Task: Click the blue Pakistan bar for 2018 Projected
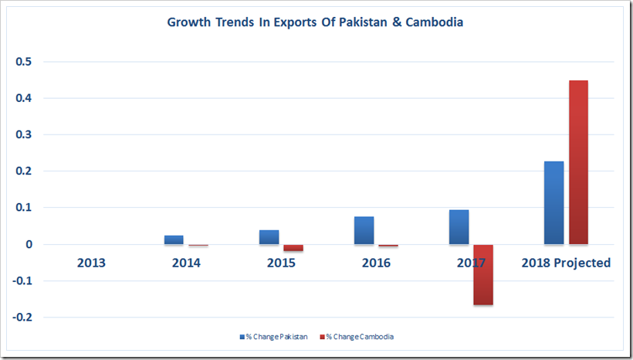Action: tap(553, 202)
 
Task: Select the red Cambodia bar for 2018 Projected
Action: tap(578, 162)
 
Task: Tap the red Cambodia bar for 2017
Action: tap(483, 274)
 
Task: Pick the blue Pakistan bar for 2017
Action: tap(459, 227)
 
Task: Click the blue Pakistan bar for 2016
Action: tap(364, 230)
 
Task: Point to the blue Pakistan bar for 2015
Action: tap(269, 237)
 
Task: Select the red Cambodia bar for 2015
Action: tap(293, 248)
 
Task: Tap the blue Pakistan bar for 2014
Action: tap(174, 239)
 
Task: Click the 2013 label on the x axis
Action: tap(91, 263)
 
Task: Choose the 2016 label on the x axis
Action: tap(376, 263)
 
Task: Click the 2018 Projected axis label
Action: tap(566, 263)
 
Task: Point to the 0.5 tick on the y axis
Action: tap(33, 62)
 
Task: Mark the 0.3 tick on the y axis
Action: tap(33, 135)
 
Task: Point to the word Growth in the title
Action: tap(190, 22)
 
